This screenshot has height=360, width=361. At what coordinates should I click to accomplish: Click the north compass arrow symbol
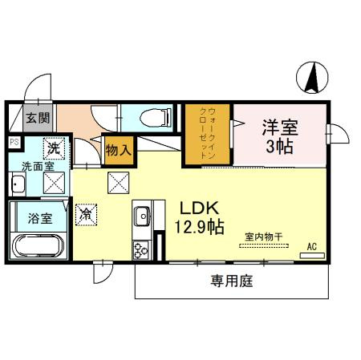312,78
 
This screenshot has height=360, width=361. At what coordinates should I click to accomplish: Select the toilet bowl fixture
156,118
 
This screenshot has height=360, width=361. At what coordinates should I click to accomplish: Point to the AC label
311,245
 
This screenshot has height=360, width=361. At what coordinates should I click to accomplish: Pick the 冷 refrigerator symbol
87,215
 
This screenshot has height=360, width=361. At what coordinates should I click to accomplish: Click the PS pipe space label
14,142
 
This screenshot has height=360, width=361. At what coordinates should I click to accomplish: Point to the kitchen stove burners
142,249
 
